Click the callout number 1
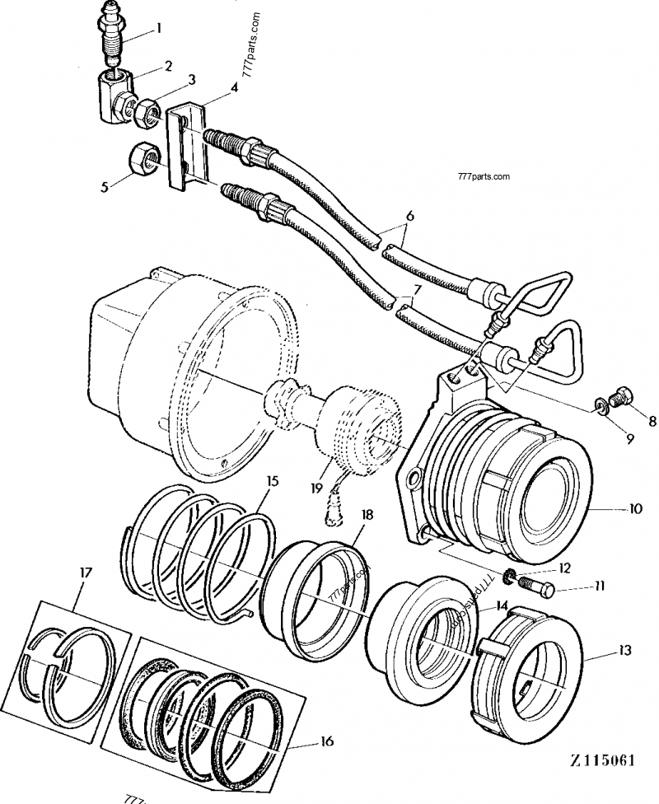(159, 28)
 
